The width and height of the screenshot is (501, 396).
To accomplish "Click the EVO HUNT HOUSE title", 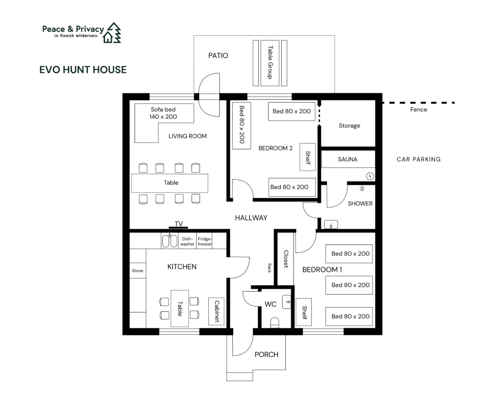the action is point(83,70).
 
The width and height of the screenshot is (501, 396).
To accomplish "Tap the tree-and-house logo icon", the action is point(112,33).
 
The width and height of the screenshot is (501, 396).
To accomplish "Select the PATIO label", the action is point(218,56).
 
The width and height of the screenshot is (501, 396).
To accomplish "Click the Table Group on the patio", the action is point(270,63).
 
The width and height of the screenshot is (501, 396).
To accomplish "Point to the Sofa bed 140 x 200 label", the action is point(163,113).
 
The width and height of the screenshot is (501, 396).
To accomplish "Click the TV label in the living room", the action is point(179,224).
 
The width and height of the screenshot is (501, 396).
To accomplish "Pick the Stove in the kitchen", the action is point(137,271).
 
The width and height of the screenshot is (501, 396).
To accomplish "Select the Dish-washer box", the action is point(187,241).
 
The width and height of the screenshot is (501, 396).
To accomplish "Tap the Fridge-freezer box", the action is point(205,241).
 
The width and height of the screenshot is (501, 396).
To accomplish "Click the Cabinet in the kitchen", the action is point(216,311).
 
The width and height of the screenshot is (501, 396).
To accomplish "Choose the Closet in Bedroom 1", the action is point(285,259).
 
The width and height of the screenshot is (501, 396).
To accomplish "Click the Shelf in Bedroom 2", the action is point(307,157).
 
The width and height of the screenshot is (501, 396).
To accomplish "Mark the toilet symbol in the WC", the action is point(275,323).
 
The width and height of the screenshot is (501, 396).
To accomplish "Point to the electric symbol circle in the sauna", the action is point(370,176).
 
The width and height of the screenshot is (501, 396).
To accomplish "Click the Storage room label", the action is point(349,126).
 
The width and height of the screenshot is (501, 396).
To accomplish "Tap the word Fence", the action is point(419,110).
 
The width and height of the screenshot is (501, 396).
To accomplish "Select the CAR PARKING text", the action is point(419,159).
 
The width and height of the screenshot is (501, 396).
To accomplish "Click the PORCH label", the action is point(267,354).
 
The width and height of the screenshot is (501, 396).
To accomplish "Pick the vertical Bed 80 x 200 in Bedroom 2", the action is point(242,126).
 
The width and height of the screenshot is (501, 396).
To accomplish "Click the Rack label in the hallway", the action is point(270,268).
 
